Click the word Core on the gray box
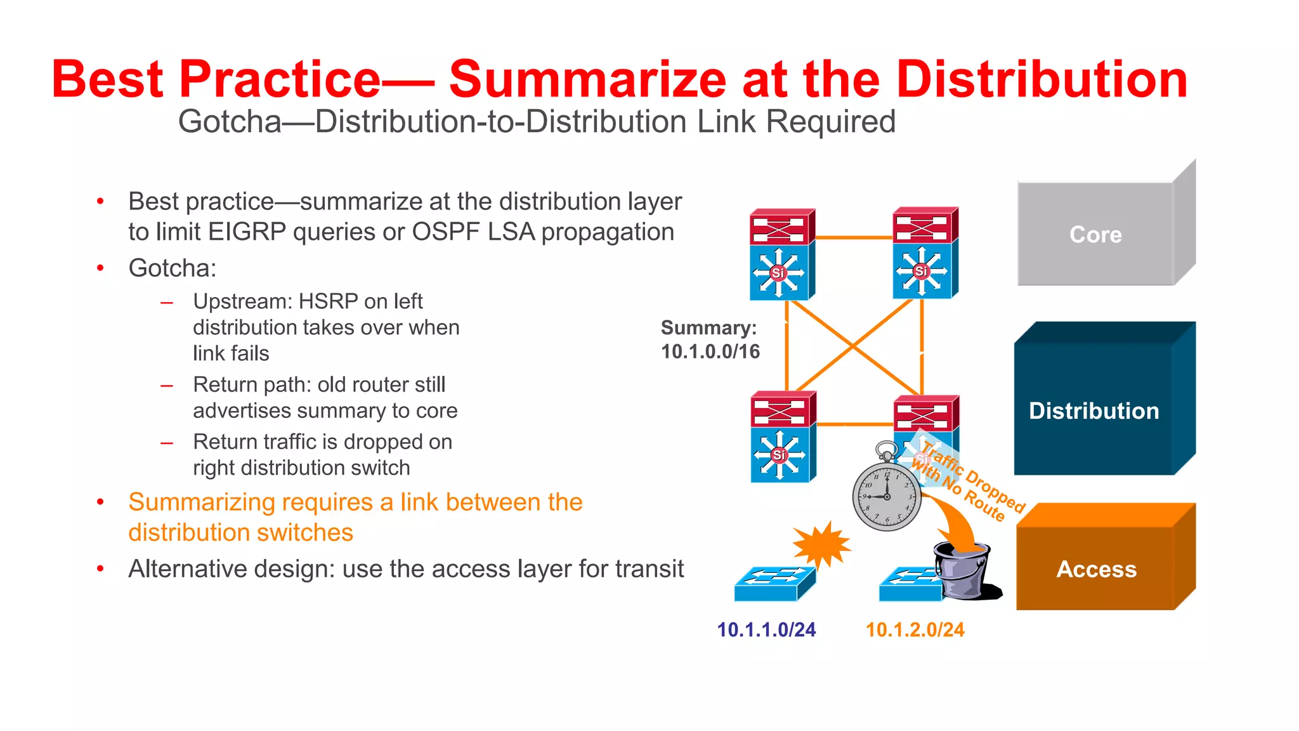pos(1095,235)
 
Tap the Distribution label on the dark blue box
pos(1093,411)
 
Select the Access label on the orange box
pos(1096,569)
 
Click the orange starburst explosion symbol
pos(822,544)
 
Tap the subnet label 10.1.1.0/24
pos(766,629)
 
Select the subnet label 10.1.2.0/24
pos(915,629)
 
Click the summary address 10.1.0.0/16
pos(710,352)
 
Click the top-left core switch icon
pos(781,254)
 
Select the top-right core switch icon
pos(924,253)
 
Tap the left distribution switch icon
pos(783,437)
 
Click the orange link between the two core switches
pos(854,237)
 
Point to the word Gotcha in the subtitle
pos(230,122)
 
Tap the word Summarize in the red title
pos(587,79)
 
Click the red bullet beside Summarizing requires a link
pos(100,502)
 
